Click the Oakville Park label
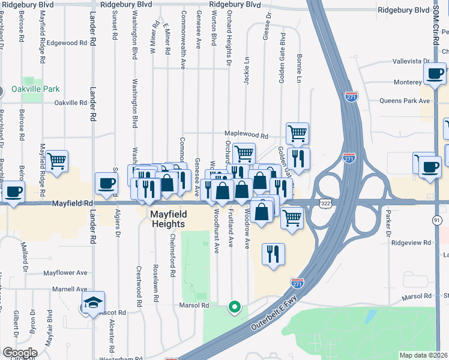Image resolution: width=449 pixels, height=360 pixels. [x=35, y=89]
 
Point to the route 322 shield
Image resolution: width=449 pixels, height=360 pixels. [x=325, y=205]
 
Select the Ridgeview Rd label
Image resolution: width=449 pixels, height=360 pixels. [x=411, y=243]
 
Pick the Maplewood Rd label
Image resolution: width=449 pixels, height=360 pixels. [x=246, y=135]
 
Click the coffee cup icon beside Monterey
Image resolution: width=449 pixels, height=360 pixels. [x=433, y=74]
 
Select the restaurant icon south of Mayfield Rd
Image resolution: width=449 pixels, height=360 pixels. [x=274, y=254]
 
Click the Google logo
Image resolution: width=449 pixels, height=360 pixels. [x=20, y=353]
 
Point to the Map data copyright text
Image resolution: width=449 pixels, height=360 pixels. [x=423, y=355]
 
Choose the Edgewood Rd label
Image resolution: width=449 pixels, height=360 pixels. [x=67, y=43]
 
